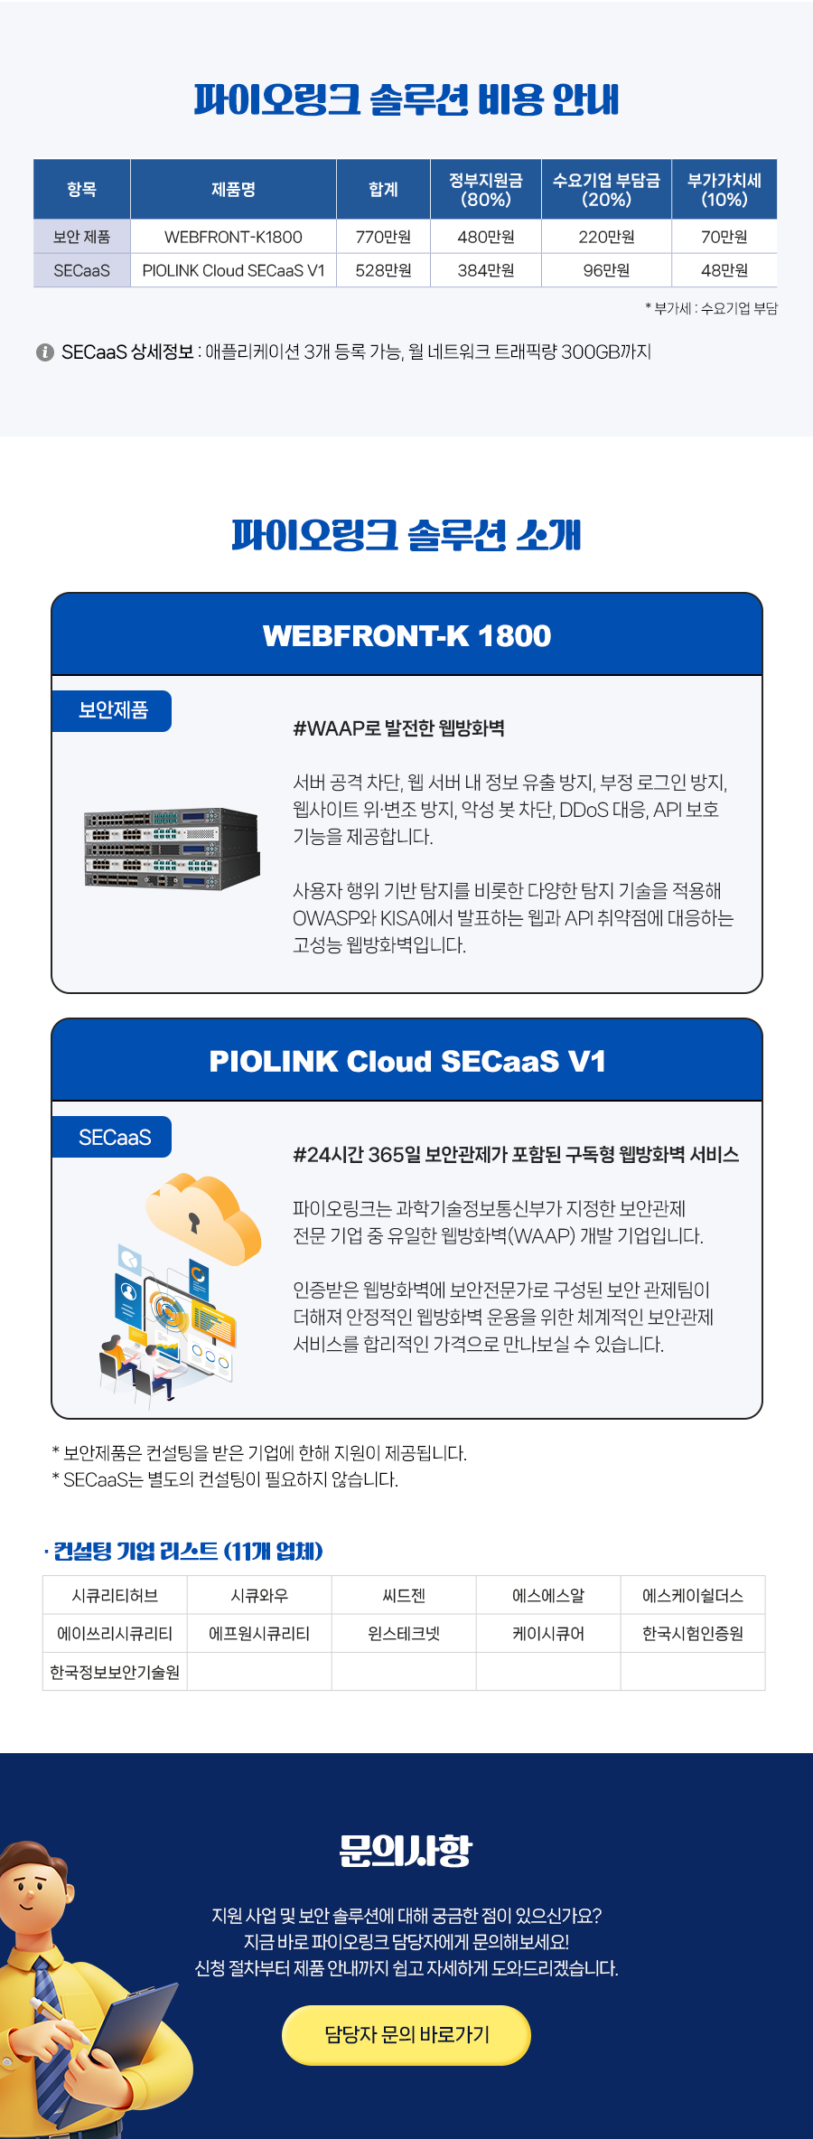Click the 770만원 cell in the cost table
[383, 237]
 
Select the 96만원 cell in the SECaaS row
[606, 270]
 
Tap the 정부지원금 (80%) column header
[486, 190]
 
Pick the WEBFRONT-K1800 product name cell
[233, 237]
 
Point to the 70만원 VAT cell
[724, 237]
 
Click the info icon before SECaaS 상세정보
[45, 352]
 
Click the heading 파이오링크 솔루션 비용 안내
[406, 99]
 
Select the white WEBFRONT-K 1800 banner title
[406, 635]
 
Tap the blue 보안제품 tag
[112, 710]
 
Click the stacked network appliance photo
[172, 849]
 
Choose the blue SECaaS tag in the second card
[112, 1137]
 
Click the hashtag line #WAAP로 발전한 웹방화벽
[398, 728]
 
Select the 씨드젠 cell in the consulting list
[404, 1595]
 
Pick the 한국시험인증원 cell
[693, 1633]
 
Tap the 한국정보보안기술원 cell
[115, 1672]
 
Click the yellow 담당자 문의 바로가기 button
[406, 2034]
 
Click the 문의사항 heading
[406, 1851]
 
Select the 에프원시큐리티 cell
[259, 1633]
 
